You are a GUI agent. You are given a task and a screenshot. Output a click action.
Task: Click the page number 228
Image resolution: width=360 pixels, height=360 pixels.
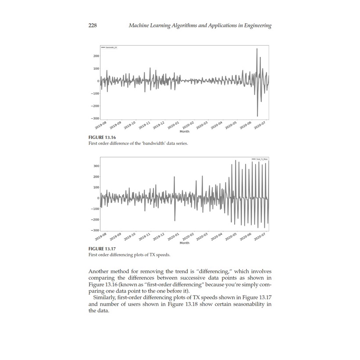point(93,25)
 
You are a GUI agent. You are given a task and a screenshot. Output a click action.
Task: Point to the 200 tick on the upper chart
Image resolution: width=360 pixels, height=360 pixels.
point(96,56)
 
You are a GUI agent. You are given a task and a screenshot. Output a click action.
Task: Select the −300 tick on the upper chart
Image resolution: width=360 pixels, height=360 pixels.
point(94,118)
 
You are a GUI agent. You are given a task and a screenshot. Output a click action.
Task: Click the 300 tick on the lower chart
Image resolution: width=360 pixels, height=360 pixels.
point(96,166)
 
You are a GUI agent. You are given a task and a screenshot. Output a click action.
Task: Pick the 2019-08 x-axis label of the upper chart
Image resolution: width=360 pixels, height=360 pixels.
point(101,125)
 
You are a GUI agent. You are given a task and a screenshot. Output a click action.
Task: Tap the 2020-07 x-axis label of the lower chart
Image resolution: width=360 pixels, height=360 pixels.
point(260,237)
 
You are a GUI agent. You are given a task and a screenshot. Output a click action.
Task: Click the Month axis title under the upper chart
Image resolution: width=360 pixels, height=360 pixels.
point(184,131)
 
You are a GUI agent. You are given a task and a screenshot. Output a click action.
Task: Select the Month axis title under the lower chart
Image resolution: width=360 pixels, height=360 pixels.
point(184,243)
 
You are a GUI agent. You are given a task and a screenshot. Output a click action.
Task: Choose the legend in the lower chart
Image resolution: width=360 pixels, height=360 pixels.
point(259,159)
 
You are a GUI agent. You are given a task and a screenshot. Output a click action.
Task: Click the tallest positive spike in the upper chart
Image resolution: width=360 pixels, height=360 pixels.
point(257,49)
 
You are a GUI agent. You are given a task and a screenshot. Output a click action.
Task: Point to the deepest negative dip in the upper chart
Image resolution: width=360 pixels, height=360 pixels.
point(257,116)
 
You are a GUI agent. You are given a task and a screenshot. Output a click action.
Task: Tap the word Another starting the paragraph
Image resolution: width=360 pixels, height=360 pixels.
point(100,271)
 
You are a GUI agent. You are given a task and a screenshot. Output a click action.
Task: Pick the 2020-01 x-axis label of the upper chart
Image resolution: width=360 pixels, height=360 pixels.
point(174,125)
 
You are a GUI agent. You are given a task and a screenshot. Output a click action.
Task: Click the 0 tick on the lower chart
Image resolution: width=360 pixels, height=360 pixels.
point(98,198)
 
